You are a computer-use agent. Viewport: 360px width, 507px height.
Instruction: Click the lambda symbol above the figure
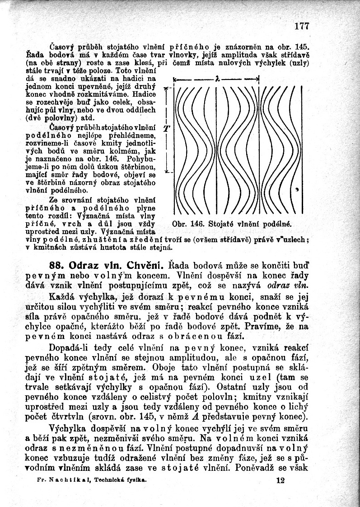tap(217, 78)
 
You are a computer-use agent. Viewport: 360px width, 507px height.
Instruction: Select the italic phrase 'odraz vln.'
tap(288, 286)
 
